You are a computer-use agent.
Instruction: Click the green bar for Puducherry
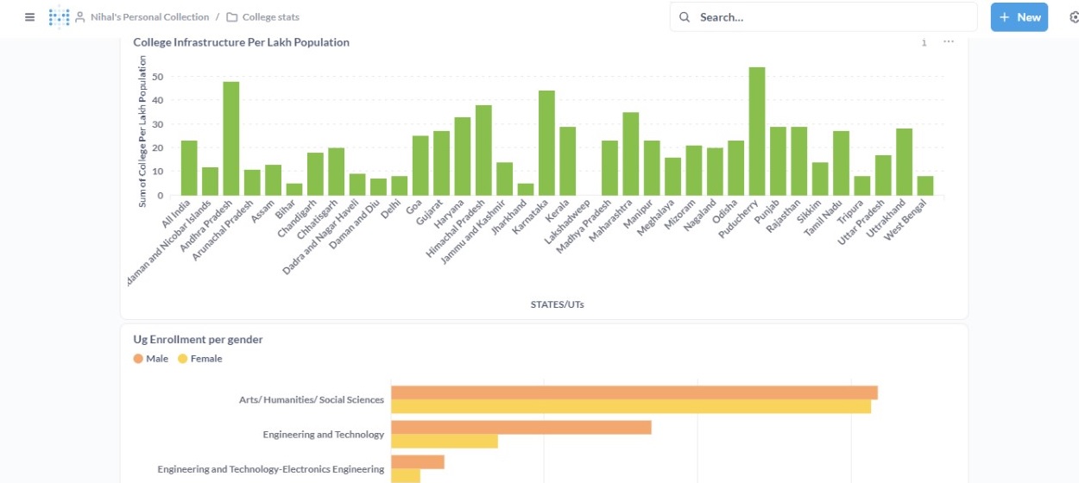click(x=757, y=131)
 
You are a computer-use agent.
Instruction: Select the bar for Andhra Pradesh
click(x=231, y=138)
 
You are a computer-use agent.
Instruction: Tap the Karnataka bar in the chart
click(x=546, y=142)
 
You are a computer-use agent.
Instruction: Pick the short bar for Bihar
click(x=294, y=189)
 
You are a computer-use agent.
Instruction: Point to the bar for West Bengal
click(x=925, y=185)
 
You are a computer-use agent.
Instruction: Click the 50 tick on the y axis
click(x=157, y=77)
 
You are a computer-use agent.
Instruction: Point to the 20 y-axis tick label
click(x=157, y=147)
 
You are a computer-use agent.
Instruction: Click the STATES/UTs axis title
click(x=557, y=304)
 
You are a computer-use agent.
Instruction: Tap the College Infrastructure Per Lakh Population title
click(x=241, y=42)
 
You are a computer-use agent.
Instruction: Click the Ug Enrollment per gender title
click(x=198, y=340)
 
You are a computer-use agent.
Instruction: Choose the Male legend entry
click(x=151, y=359)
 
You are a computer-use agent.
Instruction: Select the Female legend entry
click(x=200, y=359)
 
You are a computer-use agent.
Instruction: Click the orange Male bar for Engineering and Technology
click(x=521, y=428)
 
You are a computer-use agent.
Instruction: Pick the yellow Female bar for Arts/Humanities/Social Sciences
click(x=630, y=406)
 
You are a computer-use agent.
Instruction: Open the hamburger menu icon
click(x=30, y=17)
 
